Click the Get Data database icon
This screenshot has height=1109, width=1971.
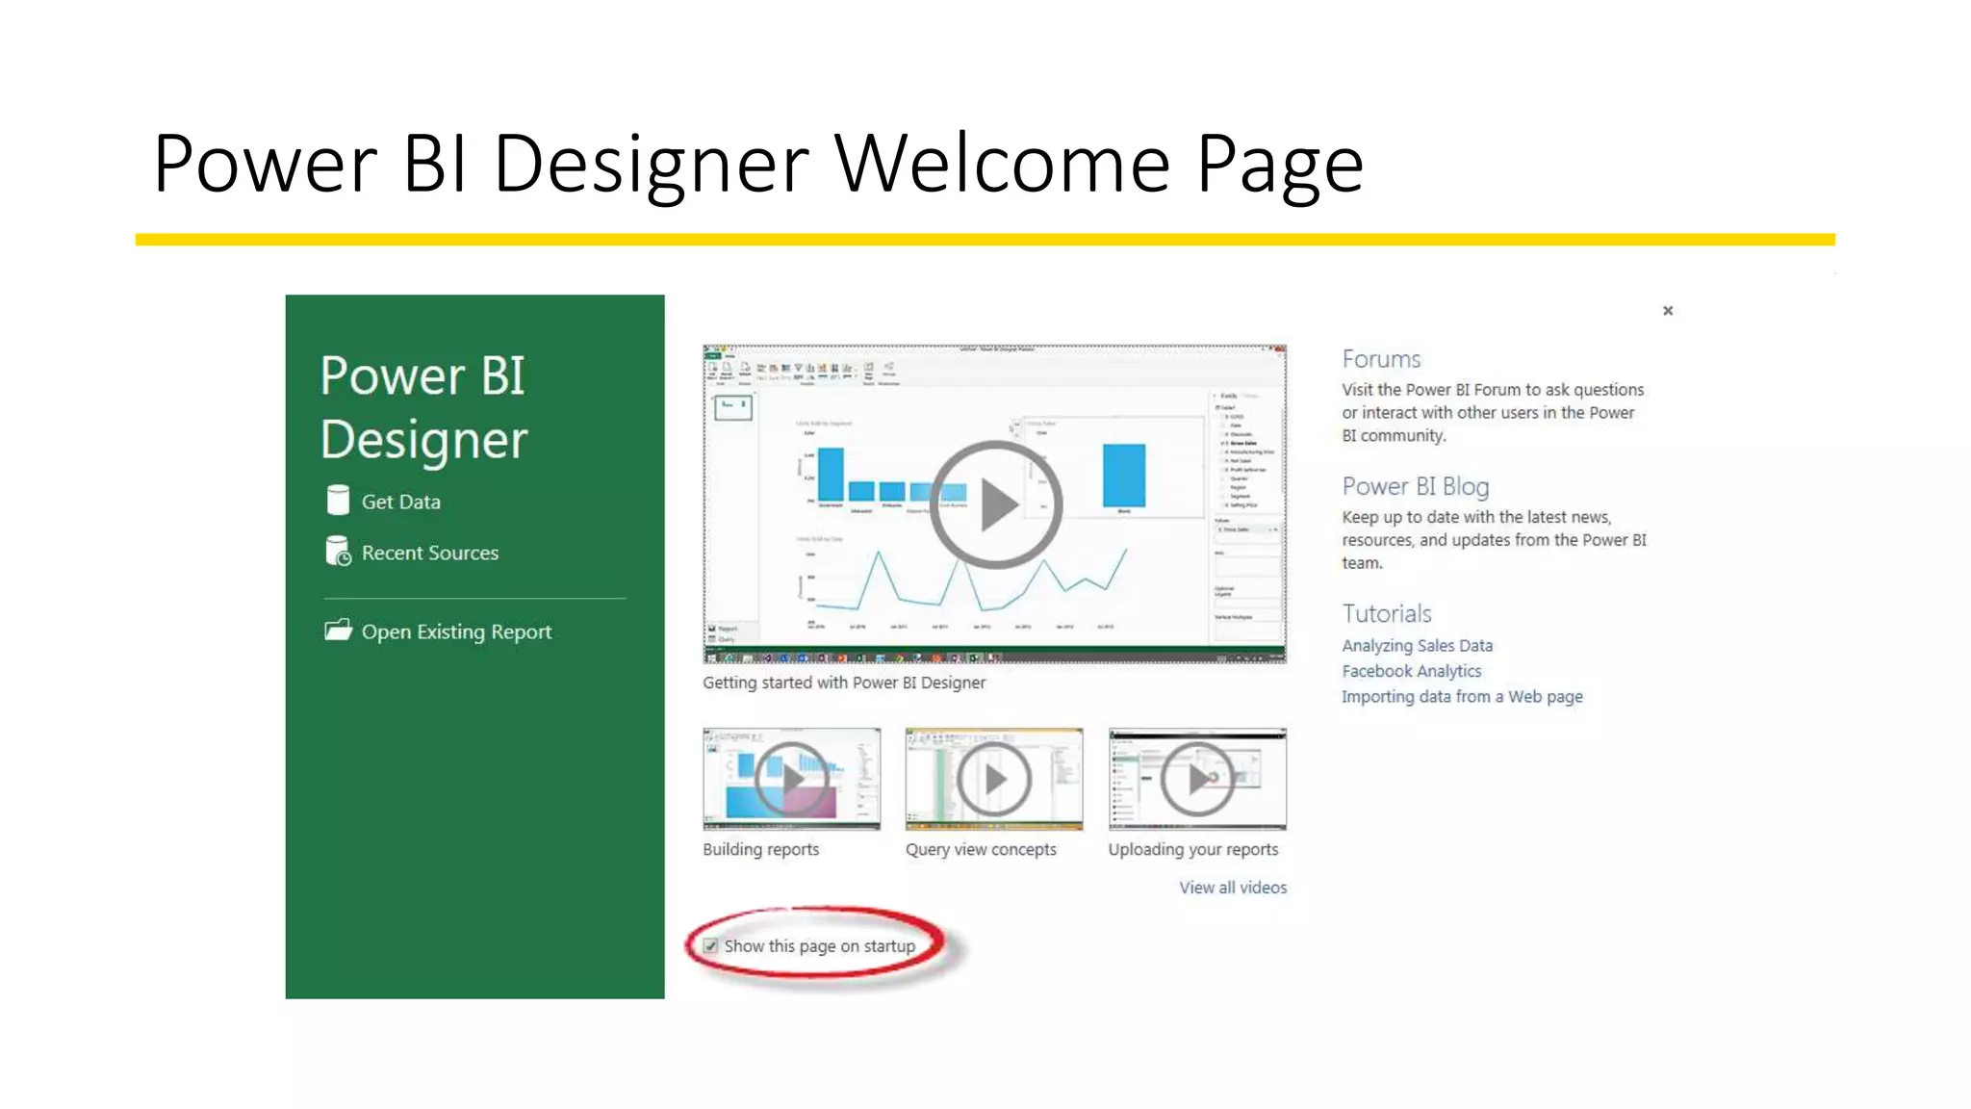[x=338, y=501]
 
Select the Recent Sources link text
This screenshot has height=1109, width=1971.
[x=429, y=553]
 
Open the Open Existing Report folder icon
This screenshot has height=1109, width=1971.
[x=338, y=631]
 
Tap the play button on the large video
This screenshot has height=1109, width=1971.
[x=995, y=504]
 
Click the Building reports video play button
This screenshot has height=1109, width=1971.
[x=791, y=779]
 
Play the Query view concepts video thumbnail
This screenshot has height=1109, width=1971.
[x=994, y=779]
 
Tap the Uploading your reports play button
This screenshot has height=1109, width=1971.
[x=1197, y=779]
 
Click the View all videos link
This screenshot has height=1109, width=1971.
[x=1233, y=888]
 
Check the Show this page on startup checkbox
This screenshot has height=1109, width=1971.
[x=711, y=946]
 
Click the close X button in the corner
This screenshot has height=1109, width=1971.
[x=1668, y=311]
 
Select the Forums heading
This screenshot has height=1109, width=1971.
[x=1381, y=359]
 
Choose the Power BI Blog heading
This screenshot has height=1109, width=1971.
[x=1415, y=486]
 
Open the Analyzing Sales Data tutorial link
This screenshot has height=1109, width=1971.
[x=1417, y=646]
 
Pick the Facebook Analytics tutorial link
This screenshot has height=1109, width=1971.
[x=1411, y=671]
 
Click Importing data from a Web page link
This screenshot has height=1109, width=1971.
[x=1462, y=697]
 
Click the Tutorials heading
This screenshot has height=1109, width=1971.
[x=1386, y=614]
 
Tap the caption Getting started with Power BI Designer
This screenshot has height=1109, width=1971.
[x=844, y=683]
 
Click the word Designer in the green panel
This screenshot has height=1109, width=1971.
[x=423, y=441]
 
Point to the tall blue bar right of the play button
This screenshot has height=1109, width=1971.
[x=1123, y=475]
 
